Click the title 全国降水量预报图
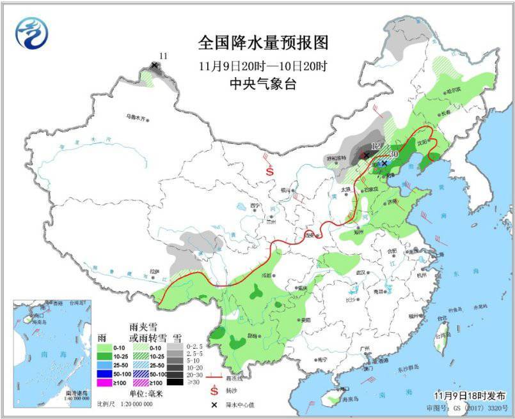(263, 43)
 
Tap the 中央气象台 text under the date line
(263, 84)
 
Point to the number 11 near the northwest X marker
(162, 56)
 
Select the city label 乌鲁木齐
(136, 117)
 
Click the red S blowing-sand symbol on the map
(271, 171)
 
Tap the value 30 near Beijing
(393, 154)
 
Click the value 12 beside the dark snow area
(376, 146)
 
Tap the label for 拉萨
(154, 271)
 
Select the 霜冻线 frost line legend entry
(226, 378)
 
